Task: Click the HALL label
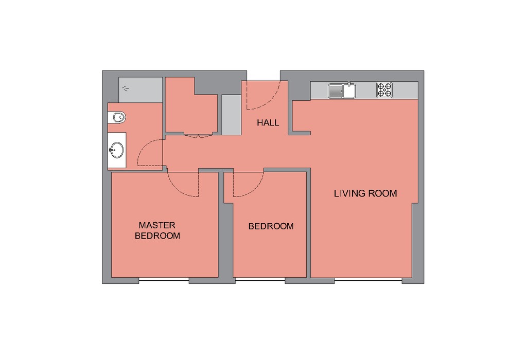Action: coord(268,123)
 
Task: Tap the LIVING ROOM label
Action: coord(365,193)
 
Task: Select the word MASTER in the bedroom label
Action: coord(157,225)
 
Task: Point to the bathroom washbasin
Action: coord(117,150)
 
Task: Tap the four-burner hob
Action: coord(384,90)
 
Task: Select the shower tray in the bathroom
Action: coord(140,89)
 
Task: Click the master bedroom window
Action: coord(164,279)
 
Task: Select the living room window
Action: coord(368,279)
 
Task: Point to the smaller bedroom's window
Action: coord(260,279)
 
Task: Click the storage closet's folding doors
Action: coord(198,135)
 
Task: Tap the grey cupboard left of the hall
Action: coord(232,115)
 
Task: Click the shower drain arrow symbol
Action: coord(126,88)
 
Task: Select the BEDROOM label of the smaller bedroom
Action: coord(271,226)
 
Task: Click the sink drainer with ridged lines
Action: coord(336,91)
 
